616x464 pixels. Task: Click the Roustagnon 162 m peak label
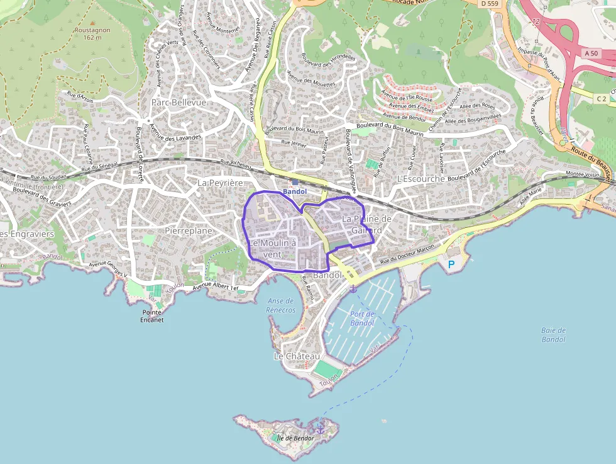click(92, 32)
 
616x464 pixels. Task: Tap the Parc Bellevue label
click(179, 102)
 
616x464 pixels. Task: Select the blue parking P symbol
click(450, 266)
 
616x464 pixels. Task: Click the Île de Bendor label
click(294, 438)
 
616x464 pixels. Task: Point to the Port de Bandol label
click(362, 319)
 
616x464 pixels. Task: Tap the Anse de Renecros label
click(280, 305)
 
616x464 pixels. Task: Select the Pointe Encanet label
click(153, 316)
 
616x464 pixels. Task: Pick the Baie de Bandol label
click(553, 335)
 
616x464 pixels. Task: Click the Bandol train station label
click(295, 191)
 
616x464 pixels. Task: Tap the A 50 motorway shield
click(591, 54)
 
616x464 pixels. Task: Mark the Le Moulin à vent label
click(272, 249)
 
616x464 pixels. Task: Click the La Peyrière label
click(220, 183)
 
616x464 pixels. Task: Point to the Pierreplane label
click(189, 231)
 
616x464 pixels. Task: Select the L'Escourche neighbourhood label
click(421, 179)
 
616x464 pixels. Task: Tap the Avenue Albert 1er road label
click(216, 287)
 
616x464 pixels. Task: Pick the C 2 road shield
click(602, 98)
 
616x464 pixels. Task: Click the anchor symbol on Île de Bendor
click(320, 429)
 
